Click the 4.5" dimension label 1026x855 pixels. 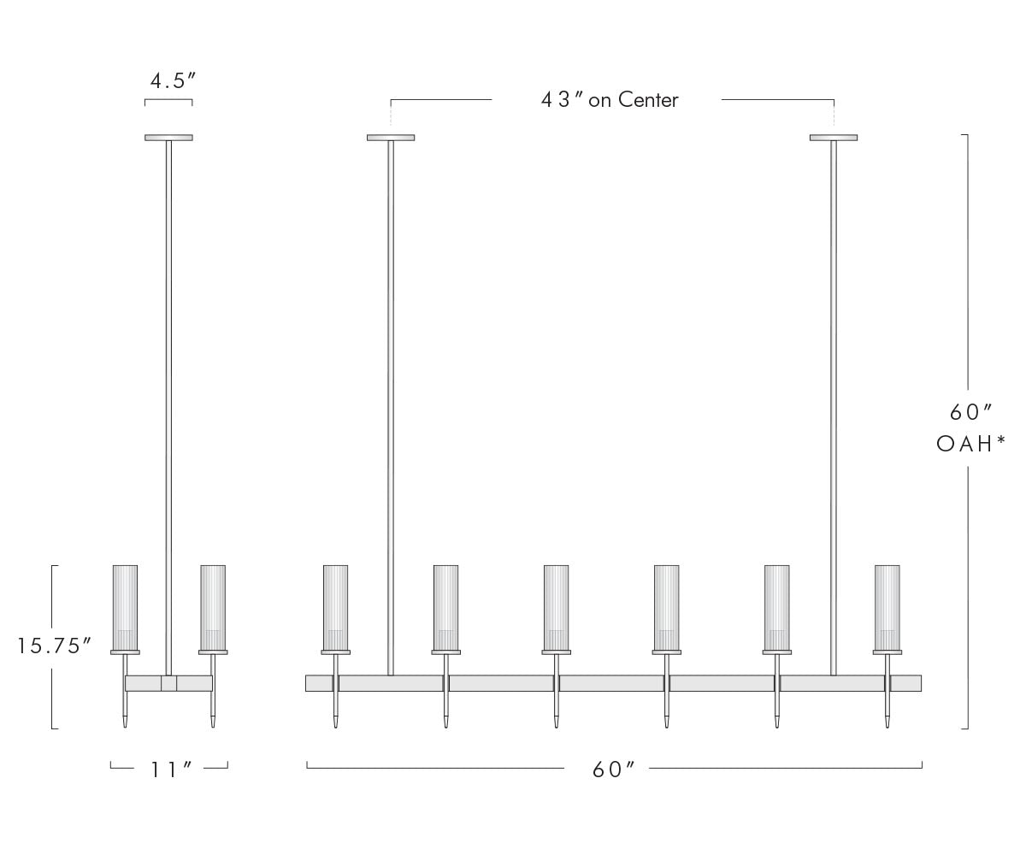pyautogui.click(x=173, y=81)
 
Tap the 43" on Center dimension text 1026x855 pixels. pyautogui.click(x=610, y=100)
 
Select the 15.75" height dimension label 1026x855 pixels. pyautogui.click(x=55, y=646)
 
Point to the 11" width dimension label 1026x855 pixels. pyautogui.click(x=170, y=770)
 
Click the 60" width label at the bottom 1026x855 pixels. pyautogui.click(x=613, y=770)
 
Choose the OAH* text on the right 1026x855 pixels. pyautogui.click(x=971, y=445)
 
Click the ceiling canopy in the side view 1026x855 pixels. pyautogui.click(x=168, y=138)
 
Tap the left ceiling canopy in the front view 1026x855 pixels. pyautogui.click(x=391, y=138)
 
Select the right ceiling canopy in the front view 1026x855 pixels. pyautogui.click(x=834, y=138)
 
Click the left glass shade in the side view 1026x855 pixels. pyautogui.click(x=126, y=607)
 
